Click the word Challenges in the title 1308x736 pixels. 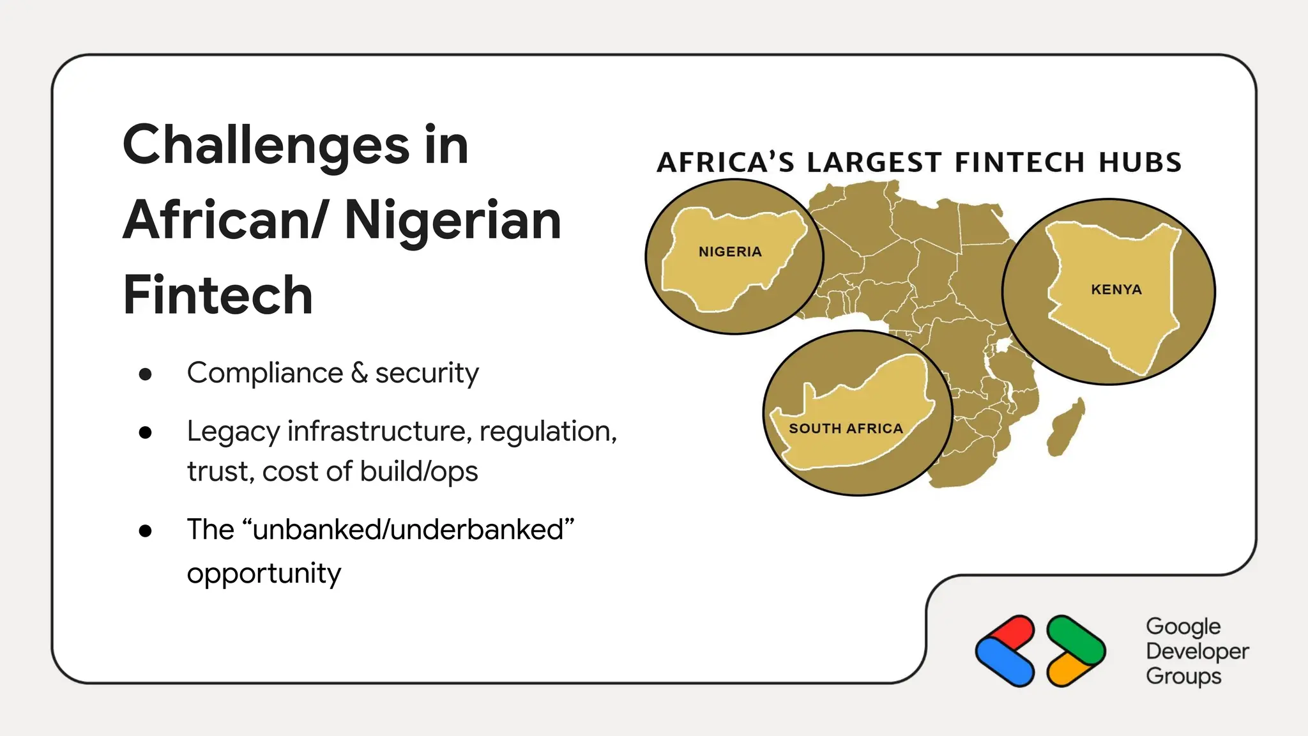(266, 146)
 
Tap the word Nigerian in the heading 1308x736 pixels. (452, 220)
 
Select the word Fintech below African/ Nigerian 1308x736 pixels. (218, 295)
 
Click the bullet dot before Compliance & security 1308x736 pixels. (146, 374)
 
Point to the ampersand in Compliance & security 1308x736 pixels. (359, 373)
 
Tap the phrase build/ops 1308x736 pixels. (418, 471)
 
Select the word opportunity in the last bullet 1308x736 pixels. (264, 574)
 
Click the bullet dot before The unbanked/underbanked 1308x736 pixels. (146, 530)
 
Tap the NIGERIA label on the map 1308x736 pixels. (730, 252)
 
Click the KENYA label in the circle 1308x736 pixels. (1116, 289)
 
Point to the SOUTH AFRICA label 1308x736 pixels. (846, 429)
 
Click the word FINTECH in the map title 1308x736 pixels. (1019, 162)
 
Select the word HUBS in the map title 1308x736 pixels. (1140, 162)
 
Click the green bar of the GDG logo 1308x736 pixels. (1076, 639)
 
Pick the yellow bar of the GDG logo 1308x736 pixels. (1068, 671)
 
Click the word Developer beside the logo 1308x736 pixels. (1197, 651)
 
